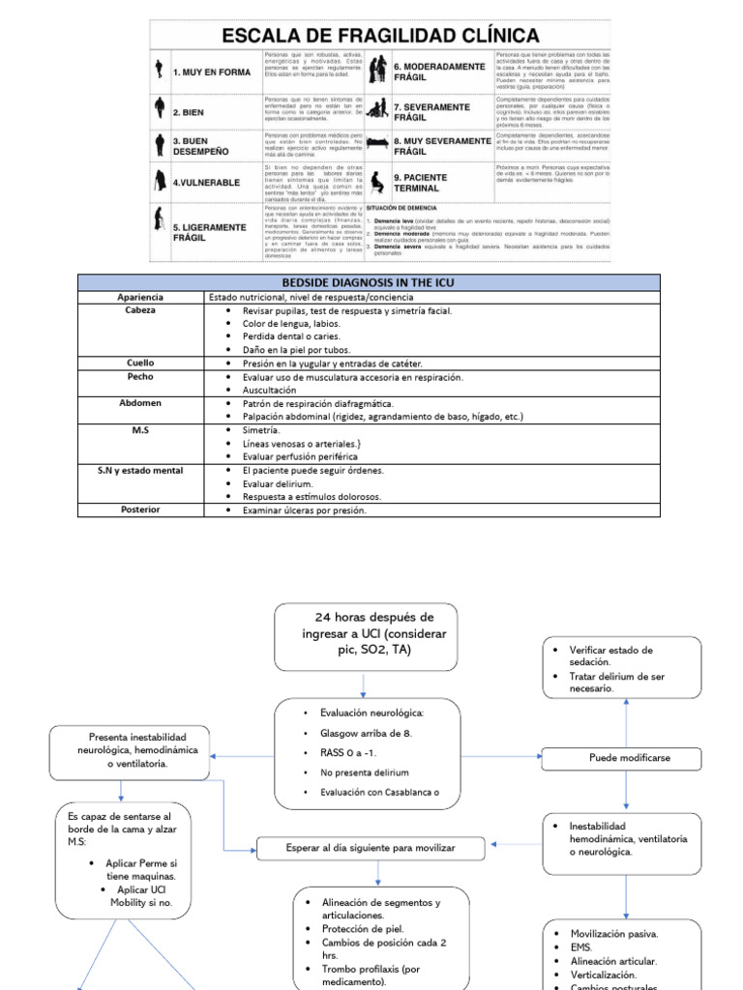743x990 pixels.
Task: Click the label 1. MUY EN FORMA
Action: [x=210, y=73]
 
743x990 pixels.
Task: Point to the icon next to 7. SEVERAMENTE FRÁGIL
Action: [x=378, y=110]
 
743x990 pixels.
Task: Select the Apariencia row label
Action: [x=139, y=297]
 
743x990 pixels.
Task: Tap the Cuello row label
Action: [x=139, y=363]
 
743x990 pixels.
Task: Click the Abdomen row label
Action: [x=139, y=402]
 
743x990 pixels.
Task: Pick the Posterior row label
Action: [x=139, y=509]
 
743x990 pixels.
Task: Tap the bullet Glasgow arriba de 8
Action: [x=366, y=733]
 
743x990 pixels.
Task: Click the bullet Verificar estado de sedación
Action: [x=610, y=656]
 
